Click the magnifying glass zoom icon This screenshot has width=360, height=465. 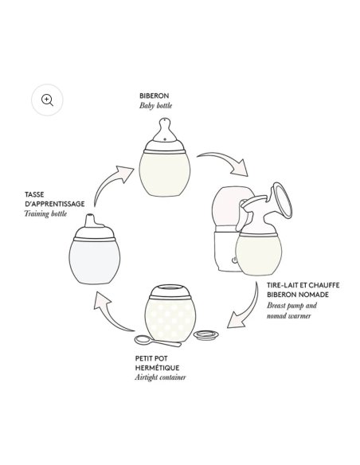[x=47, y=100]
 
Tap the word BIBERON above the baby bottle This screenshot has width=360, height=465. [x=155, y=96]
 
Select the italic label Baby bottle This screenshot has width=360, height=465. [x=155, y=106]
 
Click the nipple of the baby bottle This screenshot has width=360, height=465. [x=165, y=130]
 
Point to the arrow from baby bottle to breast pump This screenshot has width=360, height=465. [x=226, y=161]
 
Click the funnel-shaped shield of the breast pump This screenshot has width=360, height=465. [x=282, y=201]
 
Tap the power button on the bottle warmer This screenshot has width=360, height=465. [x=233, y=260]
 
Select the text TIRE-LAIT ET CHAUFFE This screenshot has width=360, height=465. [x=303, y=285]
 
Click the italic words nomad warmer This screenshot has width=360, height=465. [x=289, y=315]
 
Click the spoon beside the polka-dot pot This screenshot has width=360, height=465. [x=158, y=341]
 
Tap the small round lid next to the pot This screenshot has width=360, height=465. [x=206, y=335]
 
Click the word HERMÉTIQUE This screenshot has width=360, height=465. [x=157, y=368]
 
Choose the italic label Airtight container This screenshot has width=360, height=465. [x=160, y=377]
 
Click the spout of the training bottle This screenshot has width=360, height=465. [x=91, y=221]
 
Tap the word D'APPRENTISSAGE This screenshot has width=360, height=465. [x=55, y=204]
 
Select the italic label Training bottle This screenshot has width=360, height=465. [x=45, y=213]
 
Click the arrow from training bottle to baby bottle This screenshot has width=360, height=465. [x=109, y=180]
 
